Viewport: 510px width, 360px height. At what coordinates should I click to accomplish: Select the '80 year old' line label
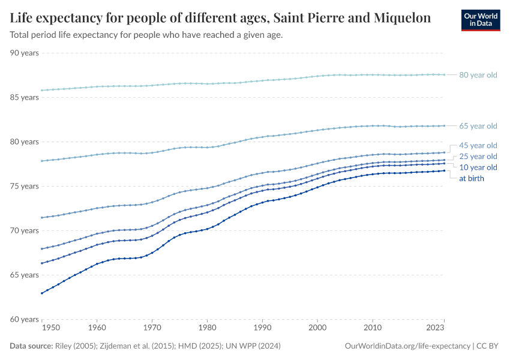478,75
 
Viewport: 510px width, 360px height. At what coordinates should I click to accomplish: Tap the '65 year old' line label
478,126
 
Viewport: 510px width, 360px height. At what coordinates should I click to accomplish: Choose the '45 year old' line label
478,145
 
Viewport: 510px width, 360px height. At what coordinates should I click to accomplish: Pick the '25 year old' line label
478,156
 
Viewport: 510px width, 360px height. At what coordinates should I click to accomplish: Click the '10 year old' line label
478,167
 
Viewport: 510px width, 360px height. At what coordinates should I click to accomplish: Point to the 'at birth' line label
471,178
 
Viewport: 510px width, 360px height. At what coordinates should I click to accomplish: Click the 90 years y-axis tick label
25,53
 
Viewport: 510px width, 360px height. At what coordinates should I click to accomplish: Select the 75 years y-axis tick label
25,186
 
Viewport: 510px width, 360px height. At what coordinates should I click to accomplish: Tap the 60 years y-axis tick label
25,319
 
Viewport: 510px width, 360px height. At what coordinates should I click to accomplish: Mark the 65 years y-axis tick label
25,275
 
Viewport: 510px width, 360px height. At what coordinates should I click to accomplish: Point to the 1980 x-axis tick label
207,328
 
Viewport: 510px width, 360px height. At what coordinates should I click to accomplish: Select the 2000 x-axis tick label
317,328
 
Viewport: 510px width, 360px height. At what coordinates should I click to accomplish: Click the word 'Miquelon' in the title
399,18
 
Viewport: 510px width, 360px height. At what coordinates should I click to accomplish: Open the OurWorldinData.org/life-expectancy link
407,346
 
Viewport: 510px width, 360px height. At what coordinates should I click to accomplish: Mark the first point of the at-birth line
42,293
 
